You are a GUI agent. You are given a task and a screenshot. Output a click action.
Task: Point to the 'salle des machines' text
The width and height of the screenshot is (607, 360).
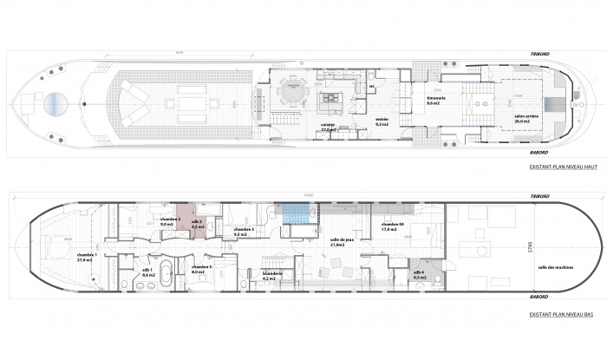coord(553,267)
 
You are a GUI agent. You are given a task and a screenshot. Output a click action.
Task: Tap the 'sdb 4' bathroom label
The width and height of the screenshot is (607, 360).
coord(420,273)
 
